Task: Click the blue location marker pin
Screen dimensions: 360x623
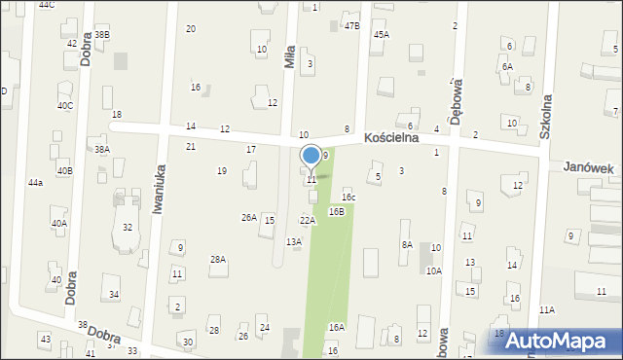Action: (311, 156)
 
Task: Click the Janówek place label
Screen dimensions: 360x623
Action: (588, 168)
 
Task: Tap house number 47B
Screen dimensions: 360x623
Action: (351, 26)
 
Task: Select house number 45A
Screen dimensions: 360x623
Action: (381, 34)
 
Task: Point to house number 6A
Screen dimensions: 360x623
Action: (507, 66)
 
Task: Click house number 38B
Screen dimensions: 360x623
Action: (101, 35)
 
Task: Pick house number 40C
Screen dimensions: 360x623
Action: (64, 105)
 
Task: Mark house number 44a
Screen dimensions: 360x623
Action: (35, 183)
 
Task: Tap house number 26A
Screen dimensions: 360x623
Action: (249, 217)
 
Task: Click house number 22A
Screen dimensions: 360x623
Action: (307, 221)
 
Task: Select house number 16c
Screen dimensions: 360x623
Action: (348, 198)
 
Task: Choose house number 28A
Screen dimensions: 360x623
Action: (218, 259)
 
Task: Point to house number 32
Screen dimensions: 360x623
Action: (128, 227)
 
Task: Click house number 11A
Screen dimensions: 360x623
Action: (546, 309)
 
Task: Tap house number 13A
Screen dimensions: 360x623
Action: (293, 241)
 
